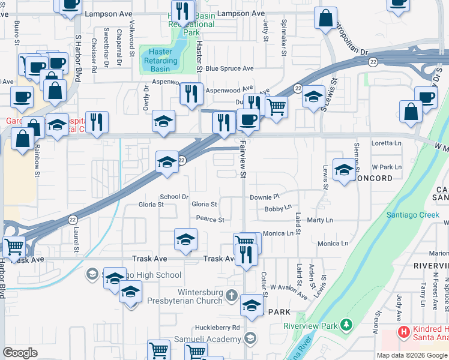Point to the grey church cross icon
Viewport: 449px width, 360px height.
pyautogui.click(x=233, y=295)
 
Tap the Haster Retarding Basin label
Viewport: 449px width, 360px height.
pyautogui.click(x=160, y=61)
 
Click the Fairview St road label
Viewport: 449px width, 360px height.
pyautogui.click(x=244, y=160)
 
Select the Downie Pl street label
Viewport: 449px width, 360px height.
pyautogui.click(x=265, y=197)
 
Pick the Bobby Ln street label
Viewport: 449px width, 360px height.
pyautogui.click(x=277, y=209)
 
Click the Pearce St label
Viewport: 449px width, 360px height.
pyautogui.click(x=209, y=220)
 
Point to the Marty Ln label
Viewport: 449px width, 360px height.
pyautogui.click(x=319, y=220)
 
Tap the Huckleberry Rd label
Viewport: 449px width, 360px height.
pyautogui.click(x=217, y=328)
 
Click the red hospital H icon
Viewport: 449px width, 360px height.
pyautogui.click(x=404, y=331)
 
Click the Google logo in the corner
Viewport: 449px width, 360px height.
pyautogui.click(x=20, y=352)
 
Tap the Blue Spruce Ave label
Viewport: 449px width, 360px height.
pyautogui.click(x=229, y=68)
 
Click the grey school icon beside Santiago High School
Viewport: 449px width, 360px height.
pyautogui.click(x=92, y=274)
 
